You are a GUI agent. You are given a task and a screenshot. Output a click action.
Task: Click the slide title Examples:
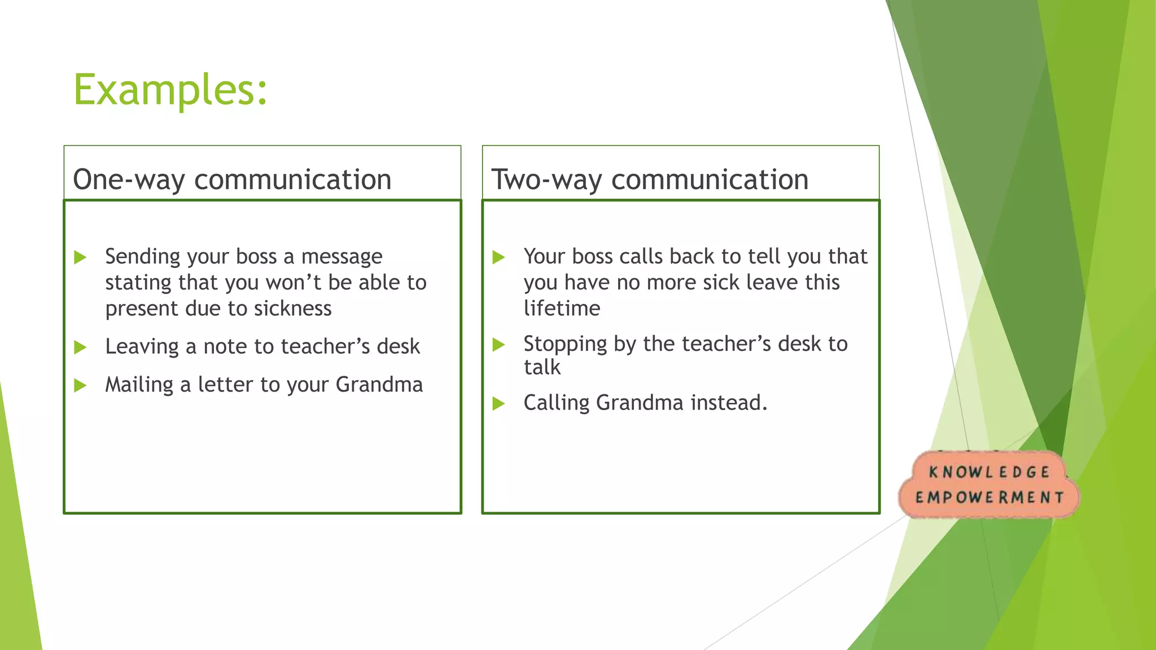(170, 90)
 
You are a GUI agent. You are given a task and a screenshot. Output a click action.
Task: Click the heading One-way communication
(232, 179)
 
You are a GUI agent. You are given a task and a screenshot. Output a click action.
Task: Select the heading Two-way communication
(650, 179)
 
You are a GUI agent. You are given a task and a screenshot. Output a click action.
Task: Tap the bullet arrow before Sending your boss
(80, 258)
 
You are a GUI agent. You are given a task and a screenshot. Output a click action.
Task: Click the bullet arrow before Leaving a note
(80, 348)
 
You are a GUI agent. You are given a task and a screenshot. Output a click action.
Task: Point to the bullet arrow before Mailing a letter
(80, 386)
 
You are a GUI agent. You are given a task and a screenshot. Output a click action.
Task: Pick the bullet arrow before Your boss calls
(498, 258)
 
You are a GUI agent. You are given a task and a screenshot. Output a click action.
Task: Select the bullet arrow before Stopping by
(498, 345)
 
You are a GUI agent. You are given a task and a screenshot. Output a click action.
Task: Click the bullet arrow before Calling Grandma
(498, 404)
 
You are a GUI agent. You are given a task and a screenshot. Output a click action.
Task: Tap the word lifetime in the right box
(562, 309)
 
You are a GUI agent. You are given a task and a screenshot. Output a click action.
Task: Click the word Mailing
(139, 385)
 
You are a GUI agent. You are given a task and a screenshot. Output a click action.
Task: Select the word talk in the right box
(542, 367)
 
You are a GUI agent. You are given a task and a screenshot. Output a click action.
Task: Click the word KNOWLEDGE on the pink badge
(989, 472)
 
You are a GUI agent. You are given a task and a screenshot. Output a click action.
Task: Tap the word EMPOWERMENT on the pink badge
(989, 498)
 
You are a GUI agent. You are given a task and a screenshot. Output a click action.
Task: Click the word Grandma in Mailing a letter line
(379, 385)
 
